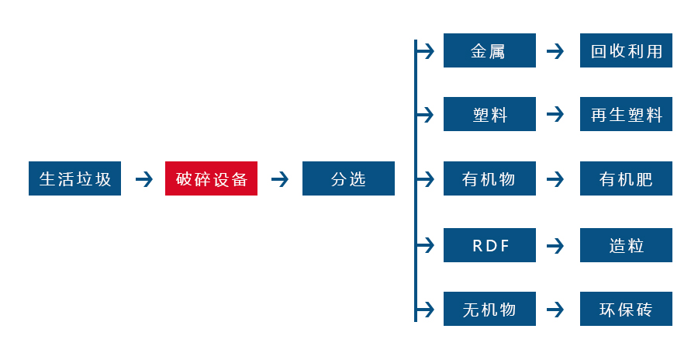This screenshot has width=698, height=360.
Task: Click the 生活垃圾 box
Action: pyautogui.click(x=74, y=179)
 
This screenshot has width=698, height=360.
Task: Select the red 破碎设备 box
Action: pyautogui.click(x=211, y=179)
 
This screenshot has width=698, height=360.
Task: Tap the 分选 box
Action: pyautogui.click(x=348, y=179)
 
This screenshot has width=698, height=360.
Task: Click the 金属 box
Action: pyautogui.click(x=489, y=51)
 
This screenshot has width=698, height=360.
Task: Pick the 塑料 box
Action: pyautogui.click(x=489, y=115)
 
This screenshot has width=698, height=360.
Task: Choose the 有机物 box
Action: pyautogui.click(x=489, y=179)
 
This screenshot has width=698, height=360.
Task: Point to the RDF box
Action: pyautogui.click(x=489, y=245)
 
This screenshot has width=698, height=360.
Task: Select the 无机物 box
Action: pyautogui.click(x=489, y=309)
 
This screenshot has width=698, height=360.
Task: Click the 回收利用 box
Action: pyautogui.click(x=626, y=51)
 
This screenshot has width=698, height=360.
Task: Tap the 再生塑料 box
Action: pyautogui.click(x=626, y=115)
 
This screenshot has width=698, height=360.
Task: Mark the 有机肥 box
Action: pyautogui.click(x=626, y=179)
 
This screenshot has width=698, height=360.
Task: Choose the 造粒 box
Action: pyautogui.click(x=626, y=245)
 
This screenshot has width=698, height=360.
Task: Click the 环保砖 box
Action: pyautogui.click(x=626, y=309)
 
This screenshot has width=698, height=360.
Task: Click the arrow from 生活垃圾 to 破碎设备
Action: pyautogui.click(x=143, y=179)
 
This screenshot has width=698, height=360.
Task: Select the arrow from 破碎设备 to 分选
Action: pyautogui.click(x=280, y=179)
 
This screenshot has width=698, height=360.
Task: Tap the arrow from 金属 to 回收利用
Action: pyautogui.click(x=555, y=51)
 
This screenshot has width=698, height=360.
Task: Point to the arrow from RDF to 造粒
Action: pyautogui.click(x=555, y=245)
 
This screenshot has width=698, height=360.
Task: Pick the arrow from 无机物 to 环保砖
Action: pyautogui.click(x=555, y=309)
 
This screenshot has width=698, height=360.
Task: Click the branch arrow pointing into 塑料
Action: pyautogui.click(x=426, y=115)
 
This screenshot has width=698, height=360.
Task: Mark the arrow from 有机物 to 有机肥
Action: pyautogui.click(x=555, y=179)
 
